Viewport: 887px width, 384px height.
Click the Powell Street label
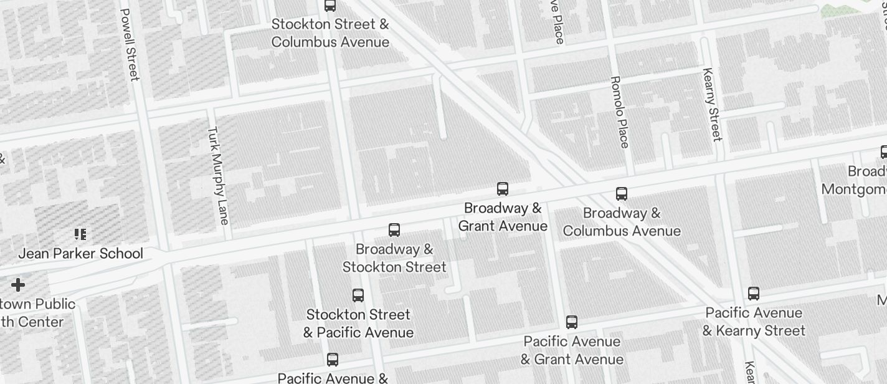128,44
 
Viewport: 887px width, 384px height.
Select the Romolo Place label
619,112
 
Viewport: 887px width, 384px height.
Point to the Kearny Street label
711,104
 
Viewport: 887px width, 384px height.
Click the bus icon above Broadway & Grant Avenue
503,189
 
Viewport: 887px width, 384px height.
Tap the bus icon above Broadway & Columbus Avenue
621,194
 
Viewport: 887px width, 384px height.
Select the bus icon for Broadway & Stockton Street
394,230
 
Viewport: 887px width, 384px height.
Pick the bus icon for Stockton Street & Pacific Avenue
358,295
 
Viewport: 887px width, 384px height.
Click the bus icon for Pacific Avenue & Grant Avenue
572,322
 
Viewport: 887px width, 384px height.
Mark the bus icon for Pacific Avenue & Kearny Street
754,294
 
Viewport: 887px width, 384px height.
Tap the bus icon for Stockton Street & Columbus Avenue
330,6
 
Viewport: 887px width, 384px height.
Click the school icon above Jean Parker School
80,234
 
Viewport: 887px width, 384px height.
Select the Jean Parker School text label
80,254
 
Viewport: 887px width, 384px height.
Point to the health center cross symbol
18,286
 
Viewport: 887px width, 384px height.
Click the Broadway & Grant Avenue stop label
503,217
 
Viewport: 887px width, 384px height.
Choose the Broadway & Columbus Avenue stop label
622,222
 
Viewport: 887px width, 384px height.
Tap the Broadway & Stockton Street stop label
394,258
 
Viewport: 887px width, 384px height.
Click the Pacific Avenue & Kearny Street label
754,322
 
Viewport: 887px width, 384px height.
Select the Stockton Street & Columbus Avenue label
330,33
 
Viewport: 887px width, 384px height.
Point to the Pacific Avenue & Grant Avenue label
572,350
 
